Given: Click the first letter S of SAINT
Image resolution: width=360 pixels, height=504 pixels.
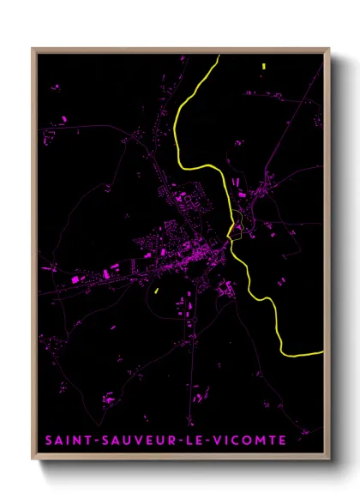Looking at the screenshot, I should [x=50, y=441].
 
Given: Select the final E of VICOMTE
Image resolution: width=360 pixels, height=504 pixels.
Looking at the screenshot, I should [x=282, y=441].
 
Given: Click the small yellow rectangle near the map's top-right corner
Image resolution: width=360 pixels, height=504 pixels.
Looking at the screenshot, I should [x=264, y=65].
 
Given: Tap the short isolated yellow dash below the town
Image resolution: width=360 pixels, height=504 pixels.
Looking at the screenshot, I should [x=157, y=291].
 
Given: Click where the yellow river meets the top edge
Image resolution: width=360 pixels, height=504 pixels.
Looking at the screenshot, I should [x=219, y=56].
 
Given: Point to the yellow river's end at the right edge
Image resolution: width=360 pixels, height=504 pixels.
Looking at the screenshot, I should [x=322, y=351].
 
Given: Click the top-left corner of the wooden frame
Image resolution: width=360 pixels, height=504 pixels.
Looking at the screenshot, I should [x=33, y=49].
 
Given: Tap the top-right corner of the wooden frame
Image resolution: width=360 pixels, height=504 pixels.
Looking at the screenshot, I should [x=329, y=49].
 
